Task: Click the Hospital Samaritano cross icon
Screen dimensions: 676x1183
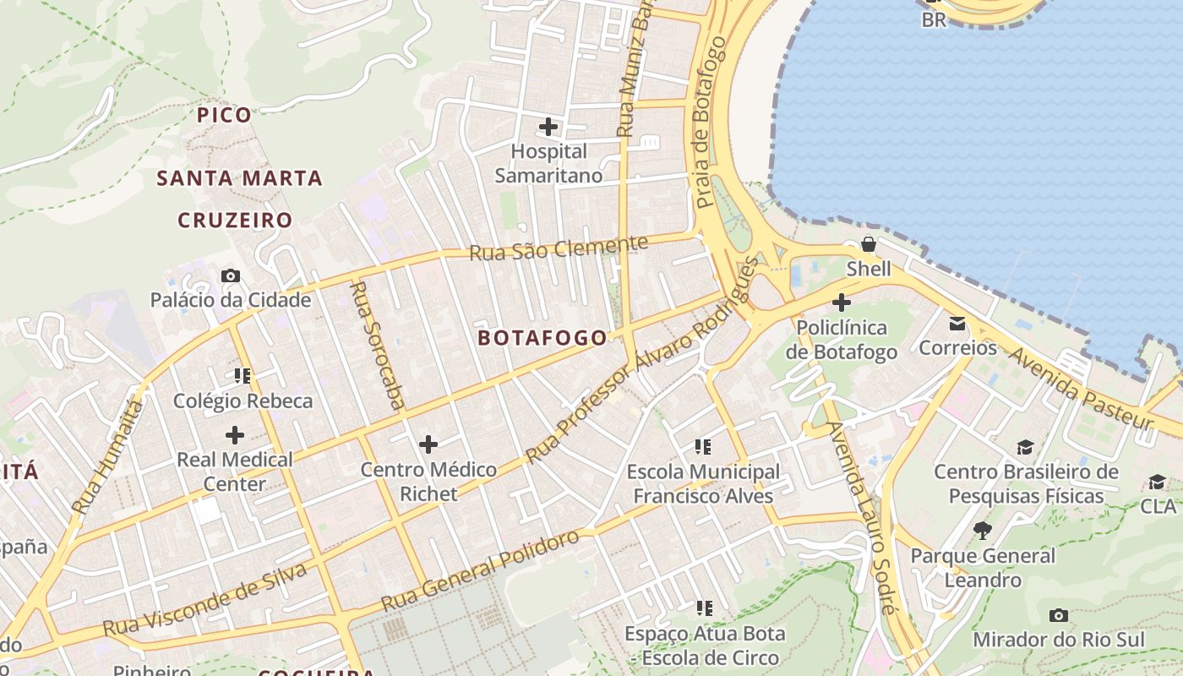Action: (548, 127)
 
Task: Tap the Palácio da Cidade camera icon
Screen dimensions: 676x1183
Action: (230, 275)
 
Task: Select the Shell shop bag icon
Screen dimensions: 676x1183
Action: (868, 245)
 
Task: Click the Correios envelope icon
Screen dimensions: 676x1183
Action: (957, 323)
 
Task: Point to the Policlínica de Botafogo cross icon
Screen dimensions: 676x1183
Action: (842, 302)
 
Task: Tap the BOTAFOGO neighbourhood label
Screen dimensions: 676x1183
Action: (542, 338)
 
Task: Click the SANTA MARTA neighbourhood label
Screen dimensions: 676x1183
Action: (240, 178)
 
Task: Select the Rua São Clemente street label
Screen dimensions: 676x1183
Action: (559, 248)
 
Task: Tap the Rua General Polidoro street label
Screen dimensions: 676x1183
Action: (481, 571)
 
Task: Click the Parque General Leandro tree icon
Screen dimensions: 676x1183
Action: (982, 531)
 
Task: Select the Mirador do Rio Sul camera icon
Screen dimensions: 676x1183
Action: (1058, 615)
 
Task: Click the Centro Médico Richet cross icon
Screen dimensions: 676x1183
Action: (428, 444)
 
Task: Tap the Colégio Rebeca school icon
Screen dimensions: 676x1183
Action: (243, 375)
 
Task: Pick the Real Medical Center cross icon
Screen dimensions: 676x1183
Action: (235, 435)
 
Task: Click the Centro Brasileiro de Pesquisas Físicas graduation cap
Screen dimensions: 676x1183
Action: (1025, 447)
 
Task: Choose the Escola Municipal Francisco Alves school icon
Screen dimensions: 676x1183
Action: (703, 446)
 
